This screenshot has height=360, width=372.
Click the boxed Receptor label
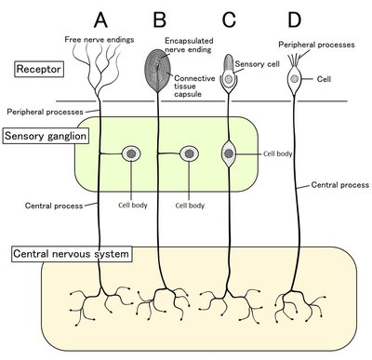click(38, 69)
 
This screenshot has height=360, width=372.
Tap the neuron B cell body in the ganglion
click(190, 153)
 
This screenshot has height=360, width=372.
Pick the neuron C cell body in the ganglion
click(228, 153)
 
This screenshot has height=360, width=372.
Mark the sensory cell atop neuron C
click(228, 79)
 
